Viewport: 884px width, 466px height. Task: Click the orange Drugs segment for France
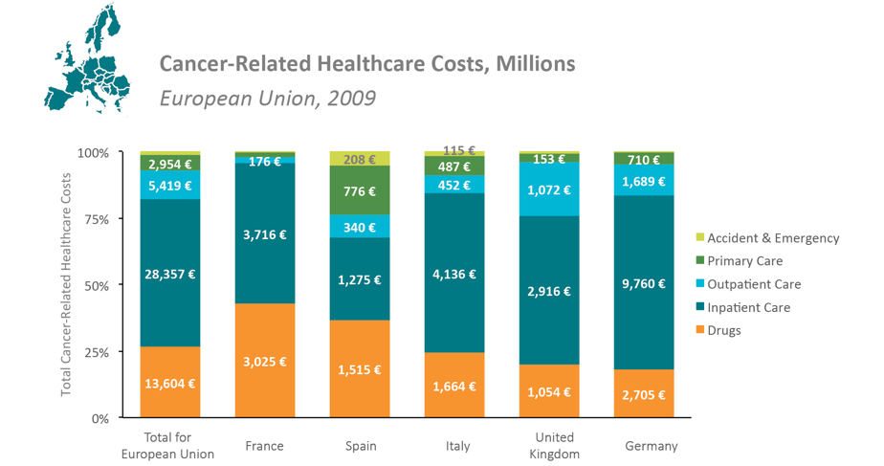pyautogui.click(x=265, y=361)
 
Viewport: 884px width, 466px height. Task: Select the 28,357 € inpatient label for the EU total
pyautogui.click(x=169, y=274)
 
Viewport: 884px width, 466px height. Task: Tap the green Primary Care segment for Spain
pyautogui.click(x=360, y=191)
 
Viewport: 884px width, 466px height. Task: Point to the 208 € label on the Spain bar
pyautogui.click(x=360, y=160)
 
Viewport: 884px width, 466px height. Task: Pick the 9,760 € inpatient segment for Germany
pyautogui.click(x=644, y=283)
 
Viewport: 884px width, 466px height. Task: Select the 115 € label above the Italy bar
pyautogui.click(x=454, y=151)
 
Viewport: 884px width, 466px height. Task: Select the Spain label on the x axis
pyautogui.click(x=360, y=446)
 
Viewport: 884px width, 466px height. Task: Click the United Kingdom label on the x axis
pyautogui.click(x=549, y=446)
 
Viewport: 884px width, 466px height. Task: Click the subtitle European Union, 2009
pyautogui.click(x=267, y=99)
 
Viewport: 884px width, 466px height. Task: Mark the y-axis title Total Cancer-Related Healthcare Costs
pyautogui.click(x=66, y=285)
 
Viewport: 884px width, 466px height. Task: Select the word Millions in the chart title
pyautogui.click(x=535, y=64)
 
